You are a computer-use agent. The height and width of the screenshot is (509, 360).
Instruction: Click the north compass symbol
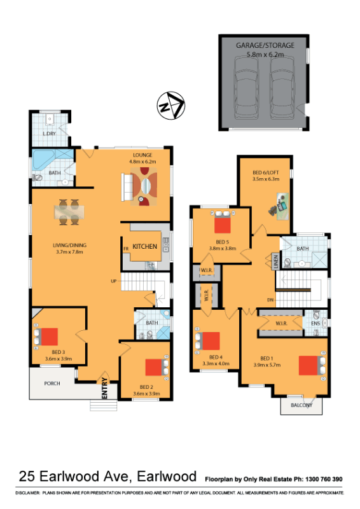(170, 105)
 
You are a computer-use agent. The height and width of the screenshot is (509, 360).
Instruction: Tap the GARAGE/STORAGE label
(265, 45)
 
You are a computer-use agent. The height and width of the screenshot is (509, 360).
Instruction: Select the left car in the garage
(246, 88)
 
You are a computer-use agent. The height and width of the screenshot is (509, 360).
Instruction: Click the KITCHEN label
(145, 246)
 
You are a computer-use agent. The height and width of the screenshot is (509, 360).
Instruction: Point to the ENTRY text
(104, 388)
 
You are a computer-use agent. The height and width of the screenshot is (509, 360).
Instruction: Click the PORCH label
(52, 384)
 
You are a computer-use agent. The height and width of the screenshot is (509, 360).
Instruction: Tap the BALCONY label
(301, 405)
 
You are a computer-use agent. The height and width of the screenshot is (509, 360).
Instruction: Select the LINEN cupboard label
(275, 261)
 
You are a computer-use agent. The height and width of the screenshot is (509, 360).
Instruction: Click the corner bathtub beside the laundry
(44, 160)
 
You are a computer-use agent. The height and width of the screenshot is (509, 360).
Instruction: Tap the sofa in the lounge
(127, 187)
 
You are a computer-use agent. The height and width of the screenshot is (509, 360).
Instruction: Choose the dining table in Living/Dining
(69, 212)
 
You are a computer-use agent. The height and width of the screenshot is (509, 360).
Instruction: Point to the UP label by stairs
(114, 281)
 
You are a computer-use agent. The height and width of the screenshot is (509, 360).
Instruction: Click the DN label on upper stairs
(270, 300)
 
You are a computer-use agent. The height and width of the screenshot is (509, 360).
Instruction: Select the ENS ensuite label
(315, 323)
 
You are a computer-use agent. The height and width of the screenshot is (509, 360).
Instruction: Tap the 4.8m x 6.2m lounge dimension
(142, 162)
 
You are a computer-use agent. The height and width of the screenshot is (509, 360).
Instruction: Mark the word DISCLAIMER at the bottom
(27, 492)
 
